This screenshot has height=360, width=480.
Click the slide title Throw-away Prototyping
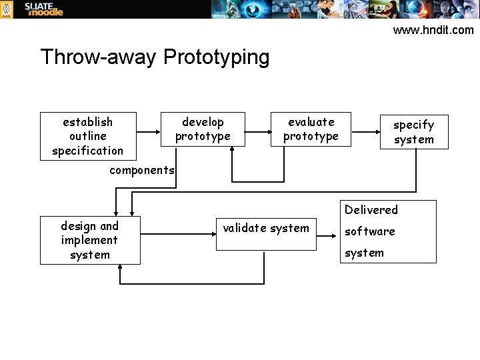click(155, 57)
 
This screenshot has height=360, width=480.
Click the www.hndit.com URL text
click(433, 29)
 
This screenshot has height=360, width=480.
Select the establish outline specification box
click(88, 136)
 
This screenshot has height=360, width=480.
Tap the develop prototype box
click(203, 129)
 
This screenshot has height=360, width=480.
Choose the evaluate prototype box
click(311, 129)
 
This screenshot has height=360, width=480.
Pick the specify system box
click(413, 131)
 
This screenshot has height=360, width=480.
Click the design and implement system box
click(90, 240)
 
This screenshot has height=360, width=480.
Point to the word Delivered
click(371, 209)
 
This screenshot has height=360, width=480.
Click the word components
click(142, 169)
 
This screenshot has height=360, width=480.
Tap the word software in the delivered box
click(369, 231)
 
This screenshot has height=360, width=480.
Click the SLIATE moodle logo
click(43, 9)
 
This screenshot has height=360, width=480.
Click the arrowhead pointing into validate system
click(211, 234)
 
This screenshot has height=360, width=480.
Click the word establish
click(87, 122)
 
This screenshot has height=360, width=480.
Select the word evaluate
click(311, 122)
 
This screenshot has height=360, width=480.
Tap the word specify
click(413, 125)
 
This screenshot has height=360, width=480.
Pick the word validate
click(244, 228)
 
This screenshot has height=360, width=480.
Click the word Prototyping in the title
click(216, 57)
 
